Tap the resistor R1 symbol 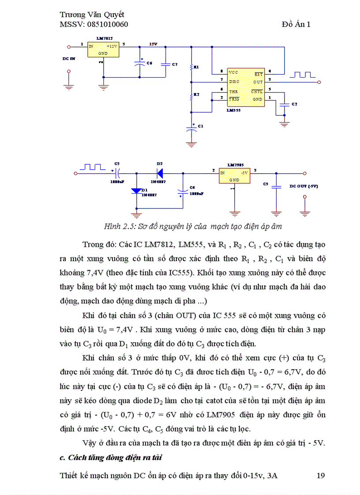191,67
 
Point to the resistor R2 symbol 191,95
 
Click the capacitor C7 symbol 165,64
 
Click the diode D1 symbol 136,191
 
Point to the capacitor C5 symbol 276,186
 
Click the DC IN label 69,58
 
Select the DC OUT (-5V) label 304,186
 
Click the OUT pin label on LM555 258,82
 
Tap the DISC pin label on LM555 234,82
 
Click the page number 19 321,476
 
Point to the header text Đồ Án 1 296,24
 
